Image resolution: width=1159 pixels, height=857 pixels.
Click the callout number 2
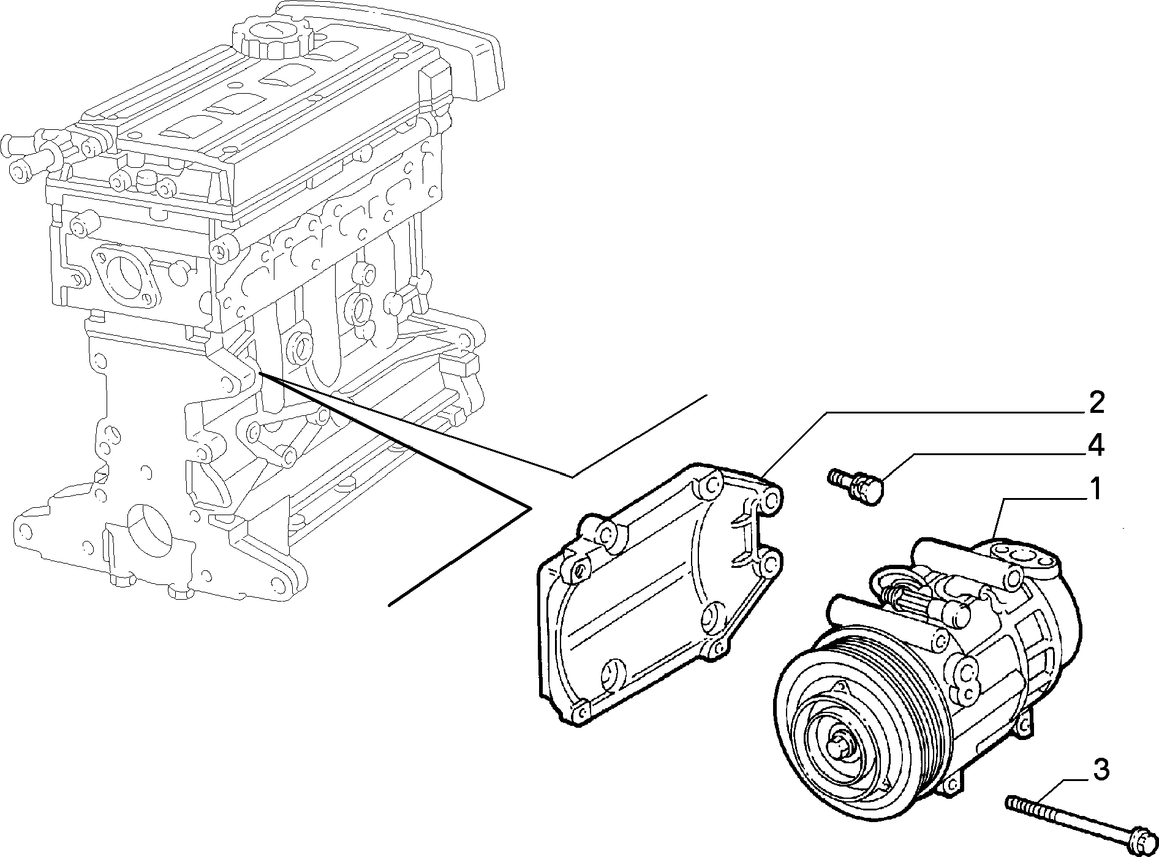tap(1092, 402)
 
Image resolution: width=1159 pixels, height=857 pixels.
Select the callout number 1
tap(1093, 490)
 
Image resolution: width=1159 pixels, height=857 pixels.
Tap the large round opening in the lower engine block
tap(147, 524)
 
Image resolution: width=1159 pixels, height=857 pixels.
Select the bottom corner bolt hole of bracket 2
tap(579, 711)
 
